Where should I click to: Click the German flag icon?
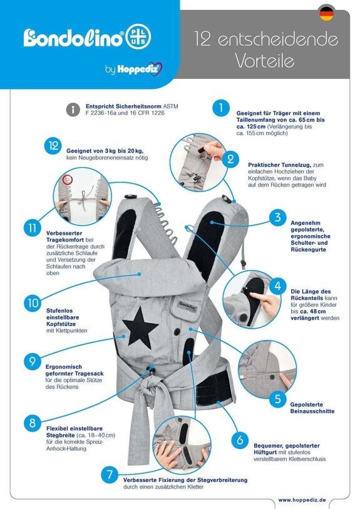tap(326, 14)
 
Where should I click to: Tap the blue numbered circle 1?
tap(221, 108)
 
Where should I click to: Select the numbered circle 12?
tap(53, 146)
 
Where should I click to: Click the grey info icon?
tap(73, 110)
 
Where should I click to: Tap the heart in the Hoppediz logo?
tap(158, 69)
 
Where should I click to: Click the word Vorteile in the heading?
tap(265, 60)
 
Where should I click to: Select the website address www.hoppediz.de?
tap(302, 500)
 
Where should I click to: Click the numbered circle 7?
tap(110, 475)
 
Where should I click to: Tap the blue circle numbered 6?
tap(240, 440)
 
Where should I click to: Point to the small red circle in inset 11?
tap(67, 180)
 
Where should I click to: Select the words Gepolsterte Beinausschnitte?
tap(312, 408)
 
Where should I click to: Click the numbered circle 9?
tap(33, 361)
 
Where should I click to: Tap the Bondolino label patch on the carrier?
tap(188, 306)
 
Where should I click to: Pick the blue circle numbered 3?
tap(277, 217)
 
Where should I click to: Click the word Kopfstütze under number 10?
tap(61, 324)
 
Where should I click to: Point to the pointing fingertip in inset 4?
tap(252, 296)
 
